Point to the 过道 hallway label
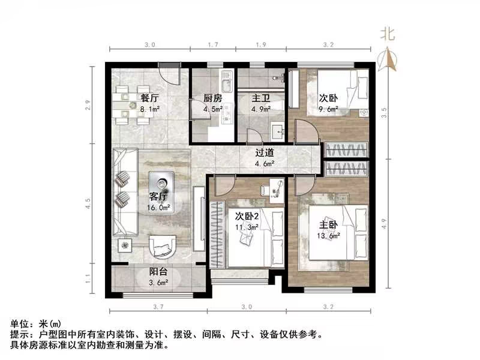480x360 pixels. [x=265, y=153]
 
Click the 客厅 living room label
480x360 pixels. [x=159, y=196]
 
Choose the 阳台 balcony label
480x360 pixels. [x=158, y=272]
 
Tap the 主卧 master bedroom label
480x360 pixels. [x=329, y=224]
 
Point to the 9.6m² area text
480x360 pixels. [x=328, y=109]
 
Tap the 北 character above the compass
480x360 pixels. [x=388, y=35]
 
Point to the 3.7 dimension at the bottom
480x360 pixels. [x=158, y=308]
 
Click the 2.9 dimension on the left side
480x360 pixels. [x=88, y=106]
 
